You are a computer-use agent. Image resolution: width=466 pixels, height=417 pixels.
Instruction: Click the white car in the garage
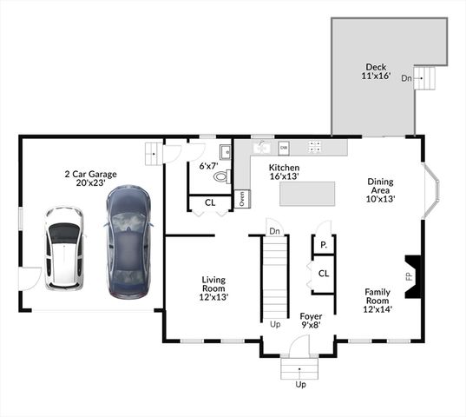tap(63, 248)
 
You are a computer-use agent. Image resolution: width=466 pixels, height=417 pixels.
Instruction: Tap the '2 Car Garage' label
tap(90, 179)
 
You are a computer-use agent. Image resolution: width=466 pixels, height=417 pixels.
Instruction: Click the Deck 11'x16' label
tap(376, 71)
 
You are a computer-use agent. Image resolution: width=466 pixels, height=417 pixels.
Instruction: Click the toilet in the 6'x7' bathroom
tap(220, 176)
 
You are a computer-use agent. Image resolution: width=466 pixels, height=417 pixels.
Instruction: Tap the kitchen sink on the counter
tap(259, 147)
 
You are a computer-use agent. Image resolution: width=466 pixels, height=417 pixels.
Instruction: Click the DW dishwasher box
tap(283, 148)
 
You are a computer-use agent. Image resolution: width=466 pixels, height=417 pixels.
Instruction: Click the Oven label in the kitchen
tap(242, 198)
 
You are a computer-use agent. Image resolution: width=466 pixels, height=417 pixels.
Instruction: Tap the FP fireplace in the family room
tap(411, 276)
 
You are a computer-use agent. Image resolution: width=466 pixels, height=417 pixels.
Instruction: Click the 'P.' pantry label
tap(323, 246)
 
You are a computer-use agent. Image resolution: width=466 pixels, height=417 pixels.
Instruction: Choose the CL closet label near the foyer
tap(323, 273)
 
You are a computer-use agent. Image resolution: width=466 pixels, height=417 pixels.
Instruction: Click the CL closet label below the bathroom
tap(210, 202)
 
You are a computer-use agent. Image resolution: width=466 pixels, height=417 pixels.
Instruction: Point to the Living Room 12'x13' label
tap(213, 288)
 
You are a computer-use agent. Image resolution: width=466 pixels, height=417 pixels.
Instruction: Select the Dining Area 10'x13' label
tap(380, 190)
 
